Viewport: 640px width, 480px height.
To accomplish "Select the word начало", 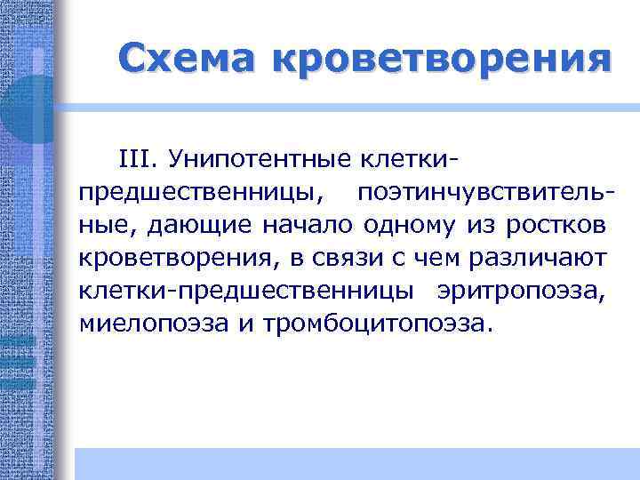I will pos(308,225).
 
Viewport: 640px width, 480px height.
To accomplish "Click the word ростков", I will pos(556,225).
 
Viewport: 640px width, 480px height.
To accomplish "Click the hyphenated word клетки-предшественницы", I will pos(245,290).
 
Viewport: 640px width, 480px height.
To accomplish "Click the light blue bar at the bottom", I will pos(356,464).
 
